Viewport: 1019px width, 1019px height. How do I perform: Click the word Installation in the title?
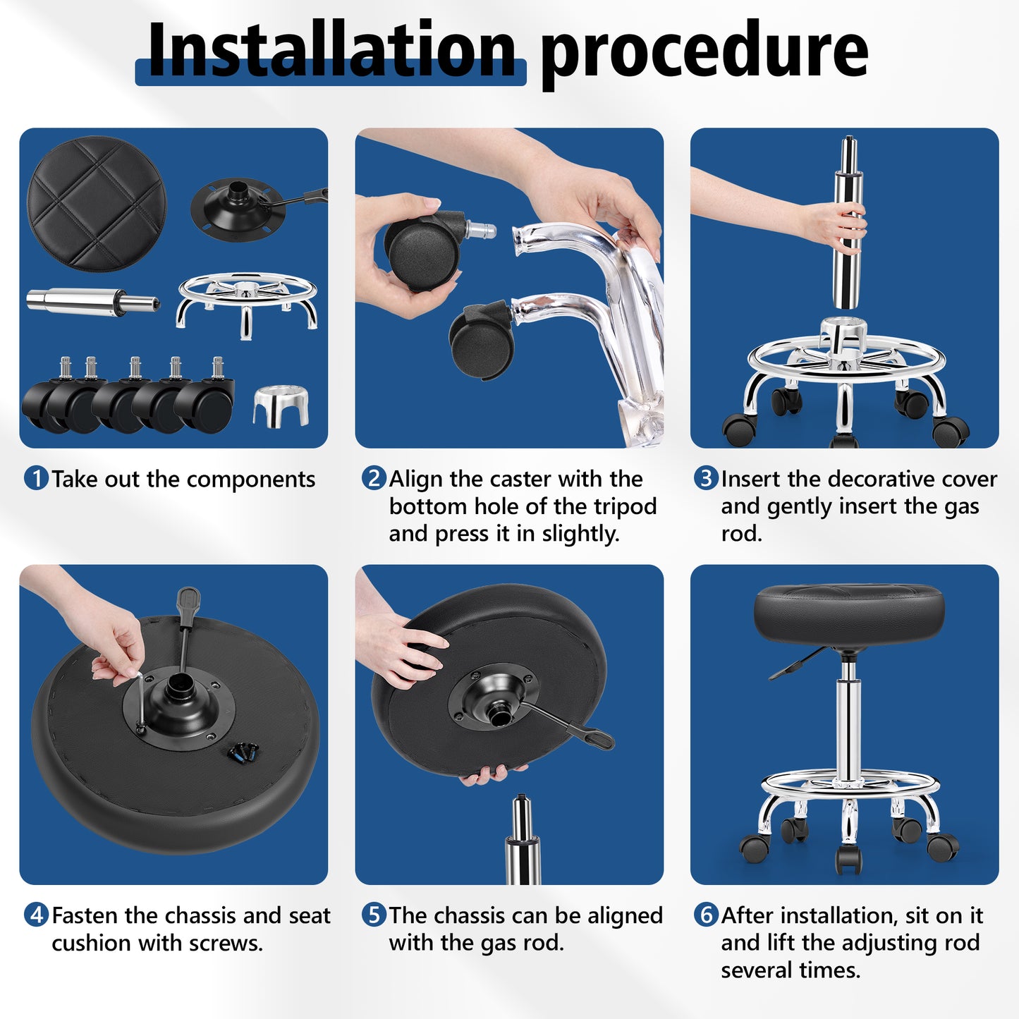click(x=331, y=51)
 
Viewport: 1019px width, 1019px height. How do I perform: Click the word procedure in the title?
click(x=704, y=51)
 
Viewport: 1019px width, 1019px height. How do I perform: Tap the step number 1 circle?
click(x=36, y=479)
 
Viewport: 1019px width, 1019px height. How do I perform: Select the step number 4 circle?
click(x=36, y=915)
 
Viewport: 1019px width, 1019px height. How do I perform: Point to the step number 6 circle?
click(x=705, y=915)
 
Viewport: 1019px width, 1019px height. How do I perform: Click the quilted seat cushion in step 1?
click(x=97, y=204)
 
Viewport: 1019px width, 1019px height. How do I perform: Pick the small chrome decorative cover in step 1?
click(x=281, y=406)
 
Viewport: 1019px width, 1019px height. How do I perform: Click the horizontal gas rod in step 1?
click(x=92, y=302)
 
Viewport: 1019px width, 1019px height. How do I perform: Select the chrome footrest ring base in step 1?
click(x=247, y=300)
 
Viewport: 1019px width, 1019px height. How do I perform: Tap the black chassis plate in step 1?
click(x=238, y=209)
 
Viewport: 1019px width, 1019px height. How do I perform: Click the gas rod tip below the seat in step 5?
click(x=522, y=839)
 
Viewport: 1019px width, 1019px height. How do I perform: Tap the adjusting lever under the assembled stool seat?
click(x=797, y=665)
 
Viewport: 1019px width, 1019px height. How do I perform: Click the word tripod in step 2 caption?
click(x=625, y=506)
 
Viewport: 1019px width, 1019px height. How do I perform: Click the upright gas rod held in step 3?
click(x=848, y=226)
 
